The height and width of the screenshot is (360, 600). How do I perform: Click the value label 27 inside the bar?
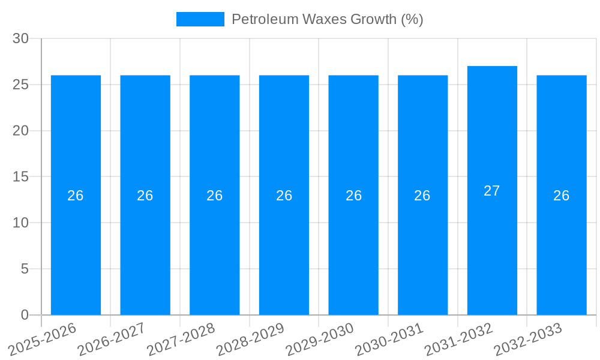[x=492, y=191]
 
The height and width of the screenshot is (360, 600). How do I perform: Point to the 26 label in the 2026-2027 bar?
[x=145, y=196]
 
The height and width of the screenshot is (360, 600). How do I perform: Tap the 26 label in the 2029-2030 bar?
[x=353, y=196]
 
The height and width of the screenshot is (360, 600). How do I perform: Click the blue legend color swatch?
[x=200, y=19]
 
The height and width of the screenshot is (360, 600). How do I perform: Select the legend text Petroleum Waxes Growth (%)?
[x=327, y=19]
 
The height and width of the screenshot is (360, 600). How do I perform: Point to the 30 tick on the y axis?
[x=20, y=38]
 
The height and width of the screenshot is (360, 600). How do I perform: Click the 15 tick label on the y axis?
[x=20, y=177]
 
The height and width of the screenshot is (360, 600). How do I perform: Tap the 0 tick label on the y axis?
[x=25, y=315]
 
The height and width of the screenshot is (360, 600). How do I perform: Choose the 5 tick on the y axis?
[x=25, y=269]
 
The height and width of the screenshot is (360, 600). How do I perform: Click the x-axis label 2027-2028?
[x=181, y=339]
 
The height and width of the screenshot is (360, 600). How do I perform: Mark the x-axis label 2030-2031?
[x=389, y=339]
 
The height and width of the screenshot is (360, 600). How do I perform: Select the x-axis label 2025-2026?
[x=43, y=339]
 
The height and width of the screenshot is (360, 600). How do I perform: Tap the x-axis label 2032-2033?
[x=528, y=339]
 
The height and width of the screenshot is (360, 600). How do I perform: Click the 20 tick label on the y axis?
[x=20, y=131]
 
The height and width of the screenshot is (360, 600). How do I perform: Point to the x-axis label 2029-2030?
[x=320, y=339]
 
